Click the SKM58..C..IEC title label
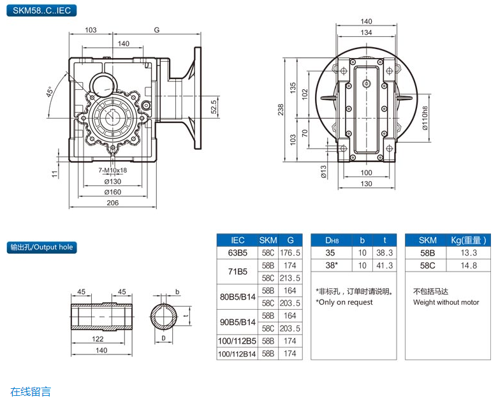coord(40,10)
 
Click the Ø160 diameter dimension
coord(113,192)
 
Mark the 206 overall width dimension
coord(113,203)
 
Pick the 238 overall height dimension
coord(281,109)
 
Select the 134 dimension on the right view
coord(366,33)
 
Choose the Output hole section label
coord(41,247)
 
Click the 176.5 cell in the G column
coord(290,253)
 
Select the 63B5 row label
coord(237,253)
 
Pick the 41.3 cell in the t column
coord(384,265)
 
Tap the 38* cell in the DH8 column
coord(331,265)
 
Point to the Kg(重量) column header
coord(468,240)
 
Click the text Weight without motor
coord(446,302)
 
